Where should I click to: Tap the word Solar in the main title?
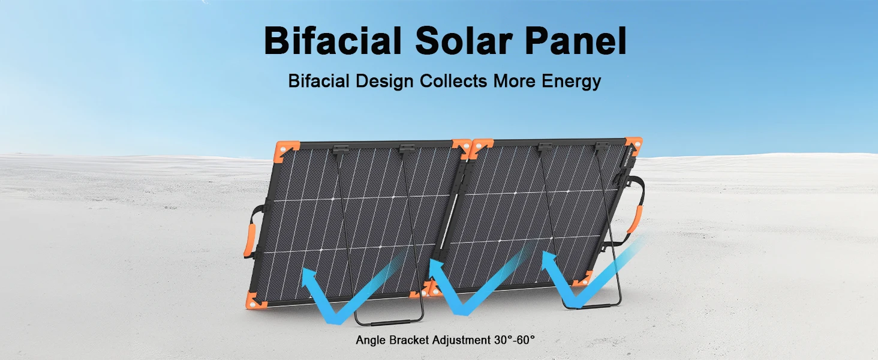pos(464,40)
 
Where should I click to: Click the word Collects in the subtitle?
pos(453,81)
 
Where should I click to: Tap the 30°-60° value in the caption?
pos(514,340)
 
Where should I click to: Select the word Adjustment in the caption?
pos(461,340)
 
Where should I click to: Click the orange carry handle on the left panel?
pos(249,240)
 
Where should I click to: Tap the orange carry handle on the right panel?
pos(636,220)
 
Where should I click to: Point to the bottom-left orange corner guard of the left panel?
pos(255,301)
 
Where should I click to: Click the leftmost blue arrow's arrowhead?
pos(309,277)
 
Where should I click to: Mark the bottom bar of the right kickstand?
pos(593,306)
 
